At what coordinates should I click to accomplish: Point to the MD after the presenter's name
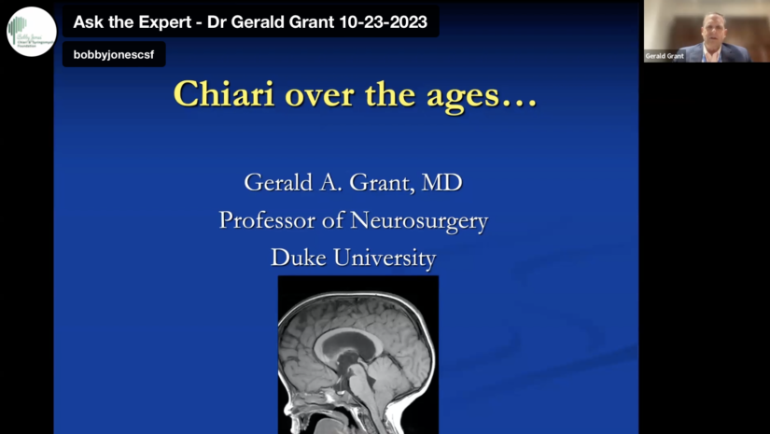pos(441,182)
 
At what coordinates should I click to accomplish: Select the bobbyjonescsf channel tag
pos(114,55)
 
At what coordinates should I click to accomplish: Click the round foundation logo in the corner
pos(32,32)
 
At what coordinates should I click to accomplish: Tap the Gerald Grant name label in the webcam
pos(665,56)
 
